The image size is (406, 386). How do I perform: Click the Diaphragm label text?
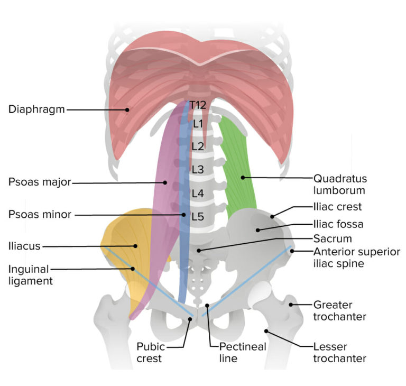click(x=36, y=109)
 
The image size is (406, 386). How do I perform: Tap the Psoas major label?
click(x=39, y=183)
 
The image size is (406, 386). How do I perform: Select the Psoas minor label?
click(x=40, y=215)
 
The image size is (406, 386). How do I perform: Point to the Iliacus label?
click(x=24, y=245)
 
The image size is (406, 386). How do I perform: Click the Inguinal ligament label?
click(x=30, y=274)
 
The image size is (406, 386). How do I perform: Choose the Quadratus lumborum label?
click(x=339, y=183)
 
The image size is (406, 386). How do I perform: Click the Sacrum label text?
click(x=332, y=238)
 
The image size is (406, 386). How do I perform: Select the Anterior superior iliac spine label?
click(x=356, y=257)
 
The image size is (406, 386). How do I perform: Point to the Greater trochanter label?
click(x=340, y=310)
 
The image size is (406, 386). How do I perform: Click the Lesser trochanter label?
click(x=340, y=352)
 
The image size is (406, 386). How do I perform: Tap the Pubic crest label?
click(x=151, y=352)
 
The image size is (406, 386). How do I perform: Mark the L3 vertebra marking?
click(x=198, y=169)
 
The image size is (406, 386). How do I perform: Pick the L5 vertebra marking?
click(x=197, y=216)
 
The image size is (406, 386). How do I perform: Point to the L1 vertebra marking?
click(x=198, y=124)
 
